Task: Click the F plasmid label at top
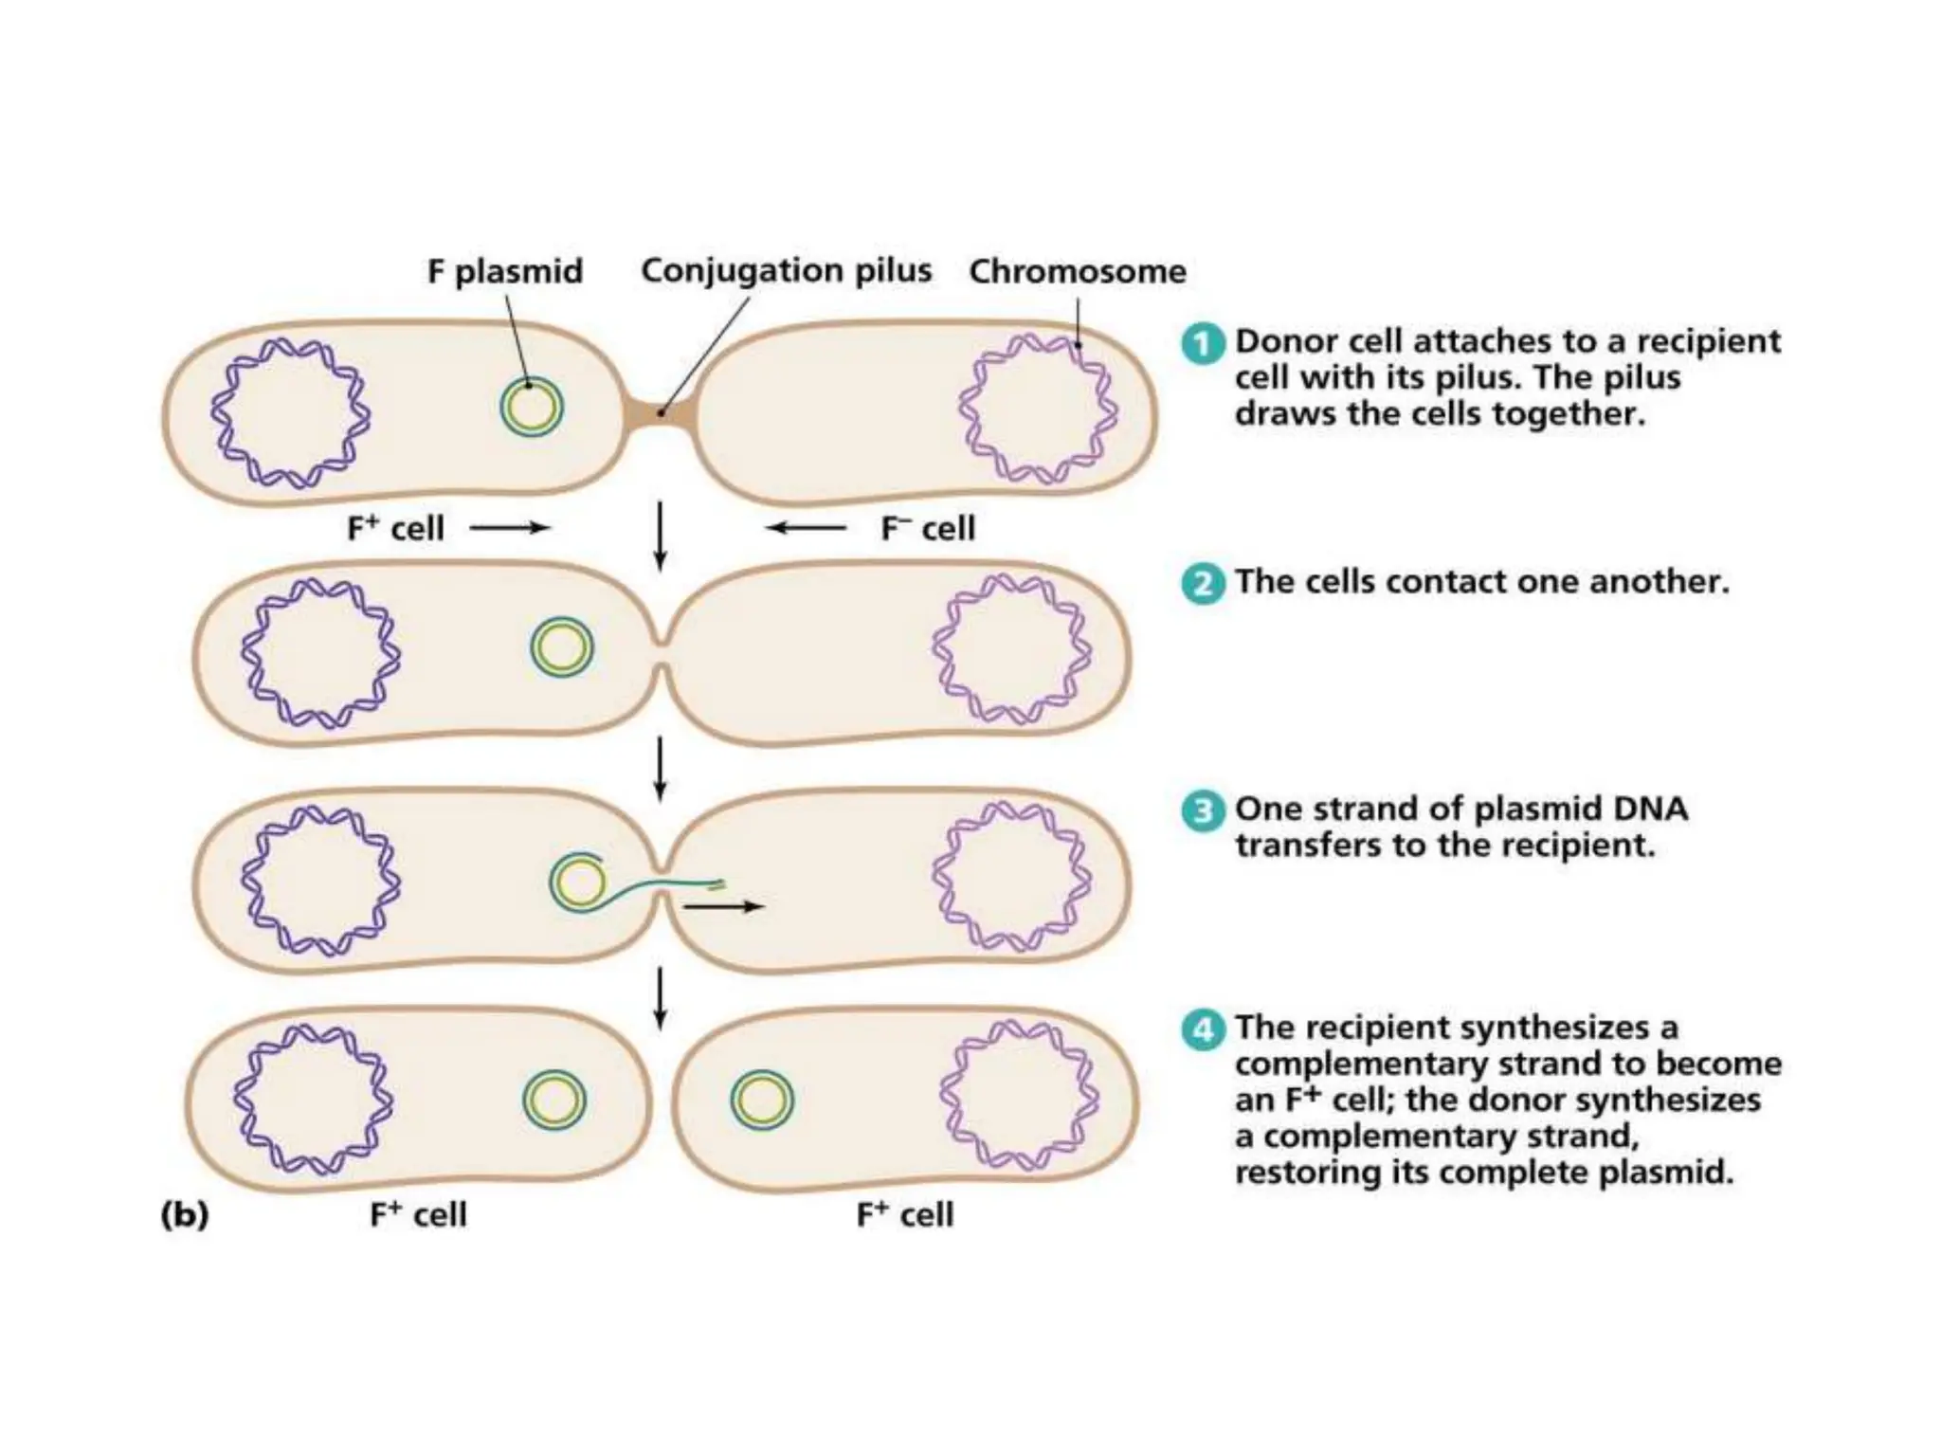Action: pyautogui.click(x=504, y=272)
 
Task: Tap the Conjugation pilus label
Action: pyautogui.click(x=786, y=271)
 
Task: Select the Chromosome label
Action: pyautogui.click(x=1077, y=272)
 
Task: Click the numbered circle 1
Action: pyautogui.click(x=1203, y=343)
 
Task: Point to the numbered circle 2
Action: pyautogui.click(x=1203, y=583)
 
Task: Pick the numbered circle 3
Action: pyautogui.click(x=1203, y=811)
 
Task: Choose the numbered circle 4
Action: pyautogui.click(x=1203, y=1029)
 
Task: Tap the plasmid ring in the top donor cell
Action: pyautogui.click(x=532, y=409)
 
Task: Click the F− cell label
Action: pyautogui.click(x=927, y=529)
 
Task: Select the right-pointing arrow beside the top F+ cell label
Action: pyautogui.click(x=510, y=528)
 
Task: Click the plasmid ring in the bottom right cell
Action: pyautogui.click(x=761, y=1101)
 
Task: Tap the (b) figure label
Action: pyautogui.click(x=185, y=1214)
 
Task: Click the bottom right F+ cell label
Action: pyautogui.click(x=904, y=1215)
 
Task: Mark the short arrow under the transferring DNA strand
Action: pyautogui.click(x=723, y=907)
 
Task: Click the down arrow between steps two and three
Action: pyautogui.click(x=661, y=770)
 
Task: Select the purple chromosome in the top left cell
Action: pyautogui.click(x=290, y=413)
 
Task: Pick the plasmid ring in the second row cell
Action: pyautogui.click(x=562, y=647)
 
